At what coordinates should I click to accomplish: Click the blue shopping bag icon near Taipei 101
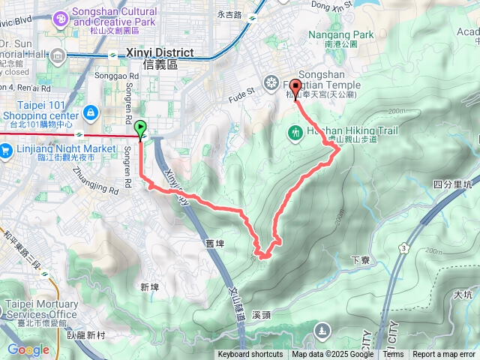pyautogui.click(x=90, y=112)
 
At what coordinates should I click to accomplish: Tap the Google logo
pyautogui.click(x=28, y=349)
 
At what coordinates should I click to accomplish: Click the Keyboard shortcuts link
pyautogui.click(x=250, y=355)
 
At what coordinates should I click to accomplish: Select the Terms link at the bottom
pyautogui.click(x=393, y=355)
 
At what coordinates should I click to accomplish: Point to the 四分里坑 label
pyautogui.click(x=452, y=184)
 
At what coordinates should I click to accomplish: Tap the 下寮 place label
pyautogui.click(x=359, y=259)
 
